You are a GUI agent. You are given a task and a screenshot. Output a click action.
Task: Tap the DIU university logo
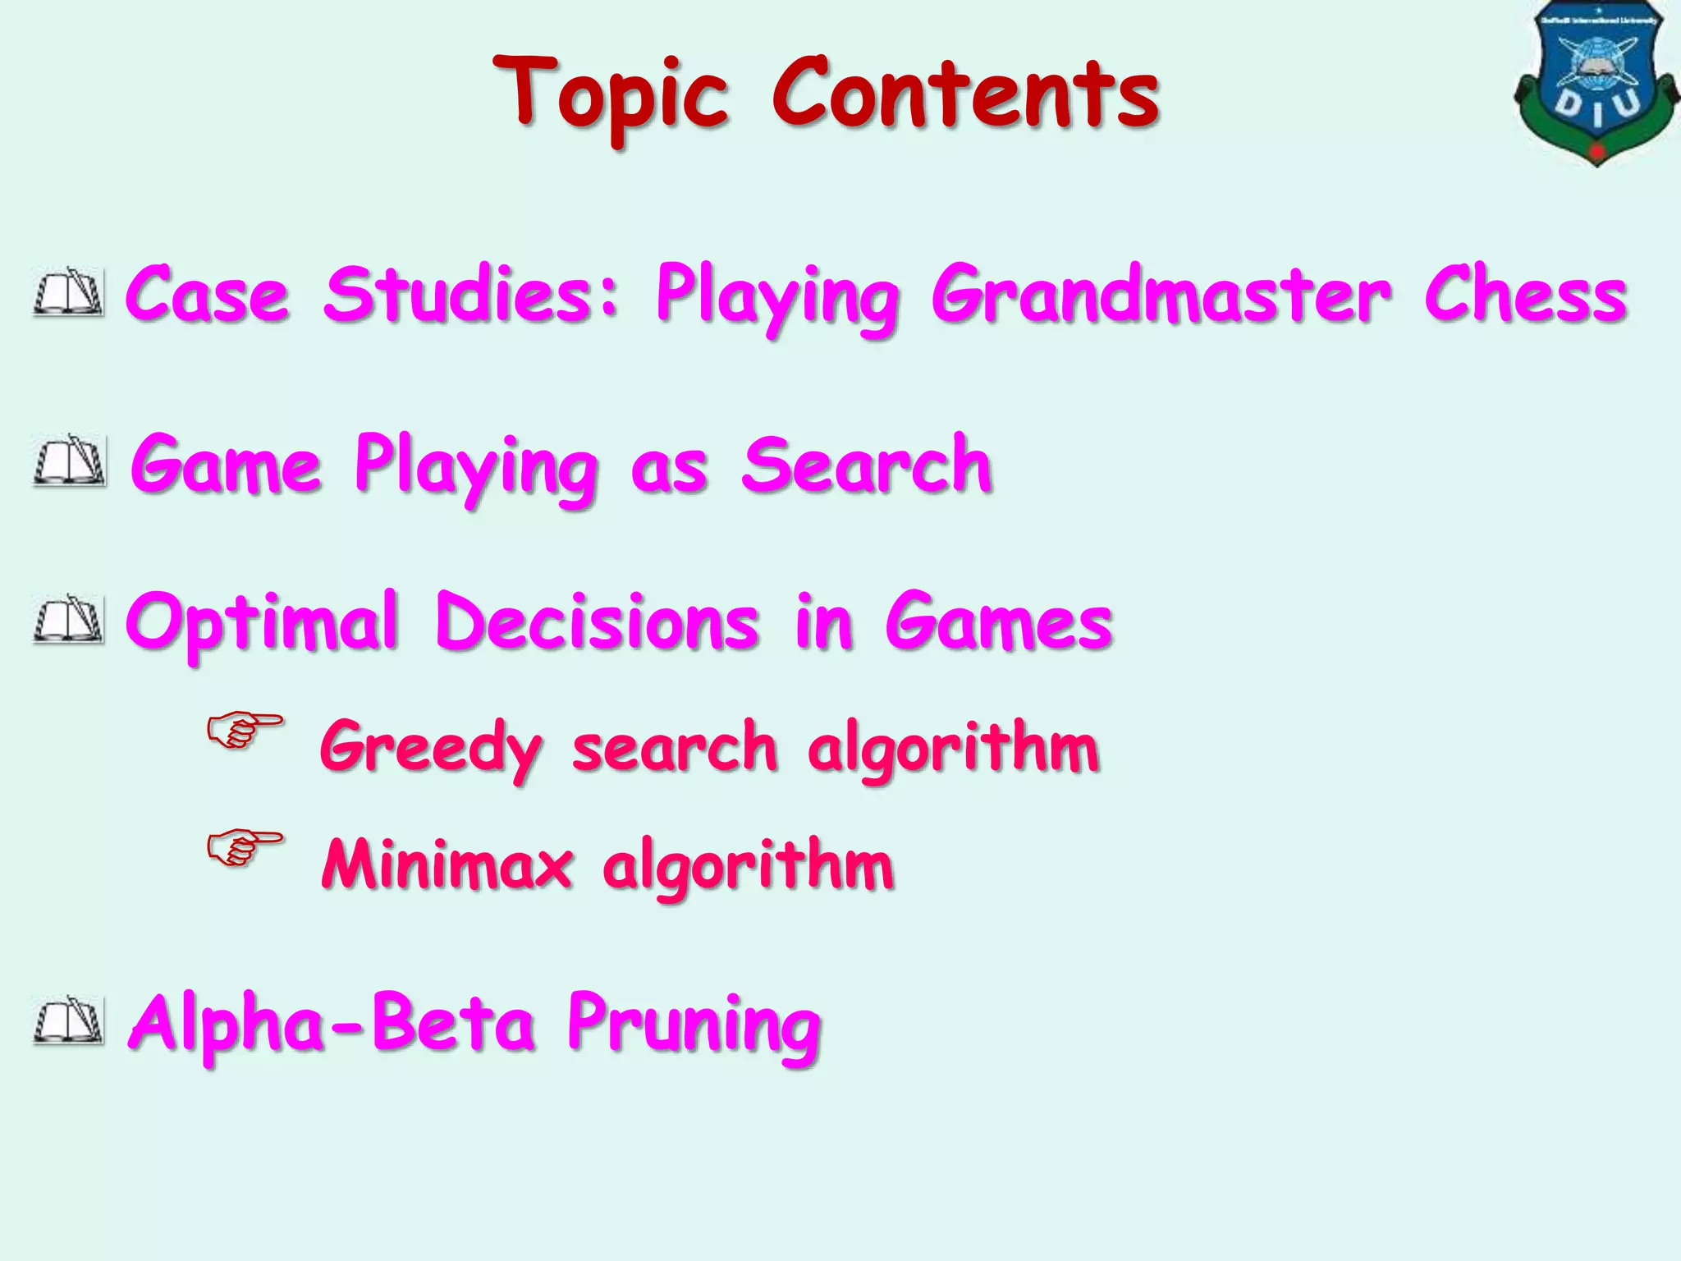click(1596, 82)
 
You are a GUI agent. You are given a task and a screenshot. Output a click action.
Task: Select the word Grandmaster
click(1161, 296)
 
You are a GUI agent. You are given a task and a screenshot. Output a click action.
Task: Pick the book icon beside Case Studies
click(70, 292)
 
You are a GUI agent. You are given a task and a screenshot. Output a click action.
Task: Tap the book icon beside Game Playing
click(70, 462)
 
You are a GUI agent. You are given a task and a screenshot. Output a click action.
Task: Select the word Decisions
click(598, 621)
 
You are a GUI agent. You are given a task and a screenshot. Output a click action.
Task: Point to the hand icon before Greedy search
click(244, 729)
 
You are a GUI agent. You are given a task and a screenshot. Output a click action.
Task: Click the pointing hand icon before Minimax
click(244, 847)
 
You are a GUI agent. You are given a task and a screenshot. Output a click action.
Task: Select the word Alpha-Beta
click(332, 1024)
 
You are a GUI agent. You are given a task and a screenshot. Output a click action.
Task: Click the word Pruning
click(694, 1025)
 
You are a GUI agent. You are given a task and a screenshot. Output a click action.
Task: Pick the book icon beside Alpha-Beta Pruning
click(70, 1021)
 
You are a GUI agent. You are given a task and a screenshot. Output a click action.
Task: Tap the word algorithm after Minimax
click(748, 866)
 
